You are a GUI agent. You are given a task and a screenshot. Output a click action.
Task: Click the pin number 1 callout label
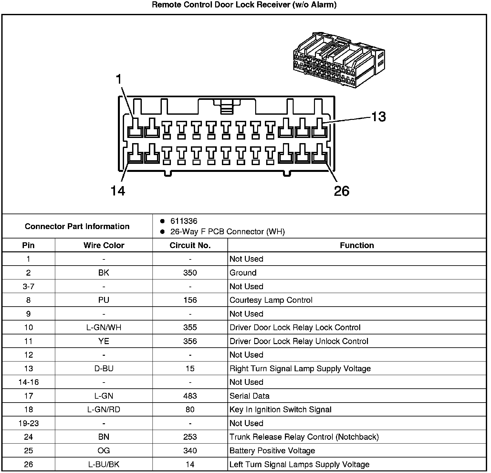coord(119,79)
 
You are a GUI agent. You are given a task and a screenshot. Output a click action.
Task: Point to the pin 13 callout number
coord(378,117)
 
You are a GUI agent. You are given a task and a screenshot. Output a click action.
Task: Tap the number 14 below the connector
coord(118,191)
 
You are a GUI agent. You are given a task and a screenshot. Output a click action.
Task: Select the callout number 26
coord(341,191)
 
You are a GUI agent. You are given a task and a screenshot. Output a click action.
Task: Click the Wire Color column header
coord(104,245)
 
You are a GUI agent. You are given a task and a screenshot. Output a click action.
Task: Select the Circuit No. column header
coord(190,245)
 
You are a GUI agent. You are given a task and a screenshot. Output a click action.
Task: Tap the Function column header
coord(357,245)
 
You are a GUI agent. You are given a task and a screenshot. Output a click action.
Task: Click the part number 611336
coord(183,221)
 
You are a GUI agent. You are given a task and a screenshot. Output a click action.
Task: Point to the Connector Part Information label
coord(77,226)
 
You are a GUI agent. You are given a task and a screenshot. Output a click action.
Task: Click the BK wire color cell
coord(104,273)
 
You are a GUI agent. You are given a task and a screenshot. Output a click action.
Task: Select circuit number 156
coord(190,300)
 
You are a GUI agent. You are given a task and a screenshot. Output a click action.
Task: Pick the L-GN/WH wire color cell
coord(104,328)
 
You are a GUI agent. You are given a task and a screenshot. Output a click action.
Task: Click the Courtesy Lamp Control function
coord(271,300)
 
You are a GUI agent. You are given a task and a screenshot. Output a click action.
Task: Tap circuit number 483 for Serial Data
coord(190,396)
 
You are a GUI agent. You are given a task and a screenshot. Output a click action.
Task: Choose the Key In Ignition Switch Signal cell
coord(280,410)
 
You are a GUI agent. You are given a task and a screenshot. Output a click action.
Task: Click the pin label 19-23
coord(28,423)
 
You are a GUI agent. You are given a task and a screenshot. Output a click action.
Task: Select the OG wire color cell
coord(104,451)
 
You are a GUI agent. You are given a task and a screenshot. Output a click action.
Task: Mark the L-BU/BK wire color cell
coord(104,464)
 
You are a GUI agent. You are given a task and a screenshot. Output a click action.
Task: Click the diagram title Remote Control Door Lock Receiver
coord(244,5)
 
